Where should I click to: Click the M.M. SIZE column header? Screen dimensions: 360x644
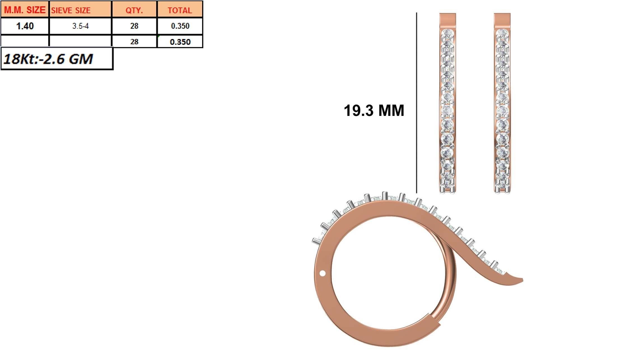pyautogui.click(x=25, y=10)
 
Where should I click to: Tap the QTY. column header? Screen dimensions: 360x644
pyautogui.click(x=134, y=10)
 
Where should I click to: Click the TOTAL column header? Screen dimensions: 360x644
pyautogui.click(x=180, y=10)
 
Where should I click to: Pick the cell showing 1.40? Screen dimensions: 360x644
pyautogui.click(x=25, y=26)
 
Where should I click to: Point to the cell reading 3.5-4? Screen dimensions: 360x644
pyautogui.click(x=80, y=26)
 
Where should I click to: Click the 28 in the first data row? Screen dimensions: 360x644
pyautogui.click(x=134, y=26)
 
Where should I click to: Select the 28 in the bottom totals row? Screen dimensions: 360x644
pyautogui.click(x=134, y=42)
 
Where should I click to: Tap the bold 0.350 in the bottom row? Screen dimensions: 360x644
pyautogui.click(x=180, y=42)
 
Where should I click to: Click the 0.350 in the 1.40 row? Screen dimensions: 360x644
pyautogui.click(x=180, y=26)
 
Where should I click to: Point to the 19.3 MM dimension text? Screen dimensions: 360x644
pyautogui.click(x=374, y=110)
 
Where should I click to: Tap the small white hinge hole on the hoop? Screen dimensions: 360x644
pyautogui.click(x=322, y=273)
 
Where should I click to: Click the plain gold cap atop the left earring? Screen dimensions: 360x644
pyautogui.click(x=447, y=20)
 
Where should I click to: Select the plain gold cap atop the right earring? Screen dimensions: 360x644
pyautogui.click(x=502, y=20)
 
